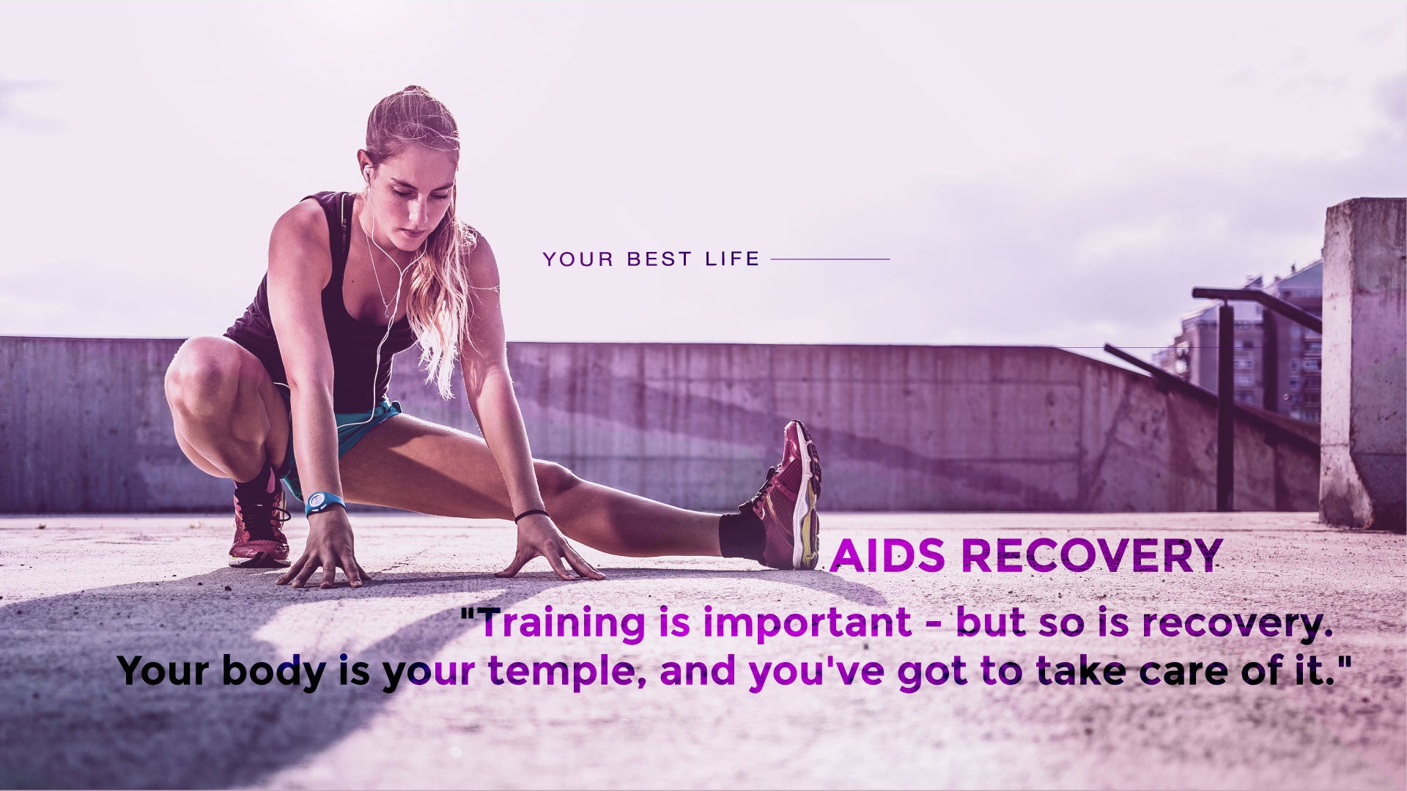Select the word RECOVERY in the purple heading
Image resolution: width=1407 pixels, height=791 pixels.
tap(1091, 556)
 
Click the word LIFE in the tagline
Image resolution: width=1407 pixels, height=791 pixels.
tap(732, 259)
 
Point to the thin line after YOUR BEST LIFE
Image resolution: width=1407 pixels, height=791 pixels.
tap(830, 259)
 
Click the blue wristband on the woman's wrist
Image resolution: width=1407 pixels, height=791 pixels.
tap(324, 503)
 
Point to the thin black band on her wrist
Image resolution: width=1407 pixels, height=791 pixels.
tap(531, 515)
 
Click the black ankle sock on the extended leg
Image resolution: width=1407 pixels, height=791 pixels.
tap(742, 535)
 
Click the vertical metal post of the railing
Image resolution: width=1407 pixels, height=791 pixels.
tap(1225, 406)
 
